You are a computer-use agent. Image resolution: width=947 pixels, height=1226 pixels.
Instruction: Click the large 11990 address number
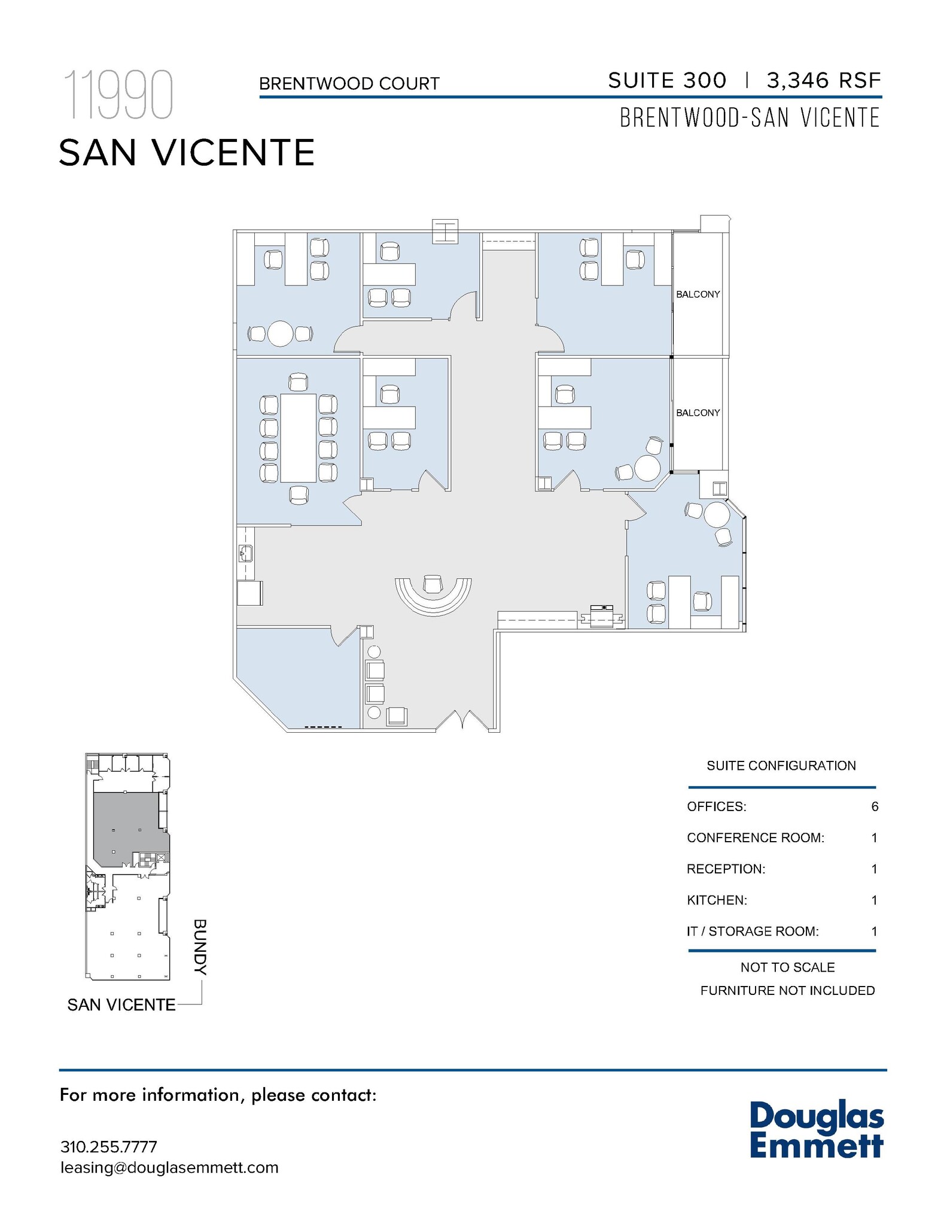(118, 95)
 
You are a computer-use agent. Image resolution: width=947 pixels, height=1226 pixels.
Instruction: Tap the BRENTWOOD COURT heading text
(349, 84)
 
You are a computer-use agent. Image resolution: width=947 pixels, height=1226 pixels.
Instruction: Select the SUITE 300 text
(667, 80)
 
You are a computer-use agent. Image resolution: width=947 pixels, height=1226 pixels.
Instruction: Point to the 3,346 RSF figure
(824, 80)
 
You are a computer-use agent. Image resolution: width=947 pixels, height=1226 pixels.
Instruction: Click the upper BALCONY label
(698, 295)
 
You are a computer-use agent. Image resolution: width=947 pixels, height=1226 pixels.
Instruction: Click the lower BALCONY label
(698, 413)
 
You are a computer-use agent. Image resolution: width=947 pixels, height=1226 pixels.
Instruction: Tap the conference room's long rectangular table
(298, 438)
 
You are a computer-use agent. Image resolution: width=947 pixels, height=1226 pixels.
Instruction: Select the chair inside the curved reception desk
(432, 584)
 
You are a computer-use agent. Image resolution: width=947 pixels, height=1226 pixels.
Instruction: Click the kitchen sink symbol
(245, 553)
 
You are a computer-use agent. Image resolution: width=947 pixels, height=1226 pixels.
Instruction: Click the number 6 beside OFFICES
(875, 806)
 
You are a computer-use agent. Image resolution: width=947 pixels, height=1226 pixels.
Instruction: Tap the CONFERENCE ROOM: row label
(755, 837)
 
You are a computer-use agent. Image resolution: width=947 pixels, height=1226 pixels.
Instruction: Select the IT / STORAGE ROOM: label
(752, 931)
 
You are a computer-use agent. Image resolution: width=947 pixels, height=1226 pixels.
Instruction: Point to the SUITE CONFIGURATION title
(781, 766)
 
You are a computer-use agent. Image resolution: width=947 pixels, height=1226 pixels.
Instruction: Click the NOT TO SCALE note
(787, 967)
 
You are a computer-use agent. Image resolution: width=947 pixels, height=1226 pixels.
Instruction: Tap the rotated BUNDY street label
(200, 948)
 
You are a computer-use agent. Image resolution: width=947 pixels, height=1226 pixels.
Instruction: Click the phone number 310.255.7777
(108, 1146)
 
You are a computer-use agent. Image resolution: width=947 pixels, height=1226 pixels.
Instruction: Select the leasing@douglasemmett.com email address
(169, 1167)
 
